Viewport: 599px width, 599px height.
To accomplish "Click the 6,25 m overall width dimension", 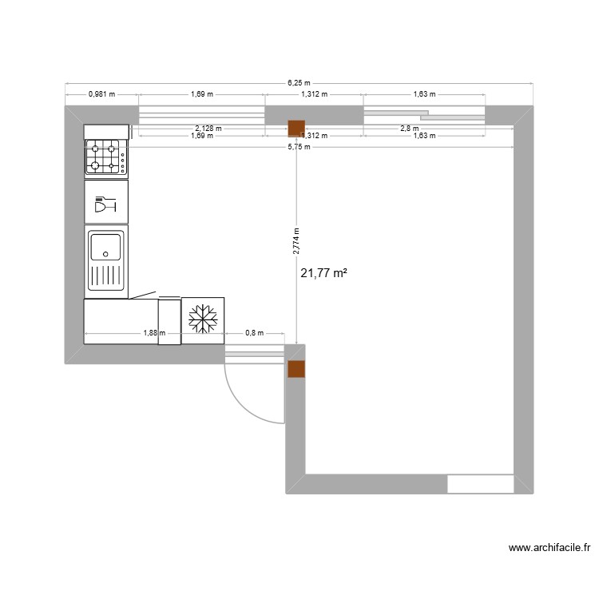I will (x=299, y=82).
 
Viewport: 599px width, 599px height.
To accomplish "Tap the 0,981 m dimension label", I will (x=101, y=94).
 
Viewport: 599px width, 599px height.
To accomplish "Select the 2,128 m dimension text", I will (x=208, y=128).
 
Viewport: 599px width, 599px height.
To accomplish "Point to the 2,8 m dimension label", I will (x=409, y=128).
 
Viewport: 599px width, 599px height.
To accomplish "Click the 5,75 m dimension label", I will (x=299, y=146).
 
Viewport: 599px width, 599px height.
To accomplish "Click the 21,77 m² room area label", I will (x=323, y=273).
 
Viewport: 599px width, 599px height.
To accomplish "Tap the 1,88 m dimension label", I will (x=153, y=334).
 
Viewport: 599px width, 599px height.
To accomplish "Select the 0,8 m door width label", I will (x=253, y=334).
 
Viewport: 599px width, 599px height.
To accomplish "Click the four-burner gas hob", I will (x=105, y=157).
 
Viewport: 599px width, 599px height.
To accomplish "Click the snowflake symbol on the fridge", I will (x=203, y=319).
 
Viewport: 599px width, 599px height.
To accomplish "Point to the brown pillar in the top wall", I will (x=296, y=128).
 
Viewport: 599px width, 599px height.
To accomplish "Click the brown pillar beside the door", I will (x=296, y=368).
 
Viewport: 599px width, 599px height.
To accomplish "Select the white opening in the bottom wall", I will (x=479, y=484).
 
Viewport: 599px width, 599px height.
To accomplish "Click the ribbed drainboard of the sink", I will (x=105, y=276).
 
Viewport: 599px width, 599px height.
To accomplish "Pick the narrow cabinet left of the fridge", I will (x=169, y=321).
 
